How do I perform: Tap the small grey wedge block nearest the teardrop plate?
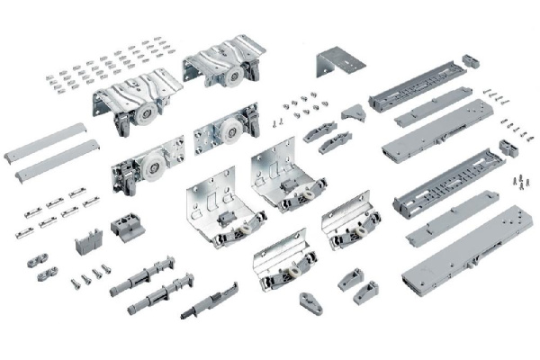click(x=350, y=278)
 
